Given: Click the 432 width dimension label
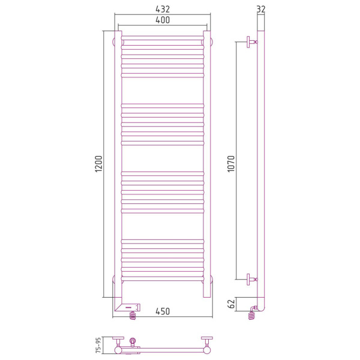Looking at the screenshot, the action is pyautogui.click(x=163, y=9).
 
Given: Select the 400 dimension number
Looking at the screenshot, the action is pyautogui.click(x=163, y=20).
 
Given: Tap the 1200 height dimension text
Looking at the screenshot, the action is pyautogui.click(x=99, y=164).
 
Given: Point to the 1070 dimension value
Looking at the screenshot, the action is pyautogui.click(x=231, y=164).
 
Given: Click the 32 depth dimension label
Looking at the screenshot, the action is pyautogui.click(x=261, y=9).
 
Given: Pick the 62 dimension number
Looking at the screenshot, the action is pyautogui.click(x=232, y=304).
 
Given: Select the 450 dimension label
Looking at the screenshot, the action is pyautogui.click(x=163, y=311).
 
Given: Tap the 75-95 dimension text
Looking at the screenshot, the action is pyautogui.click(x=98, y=345).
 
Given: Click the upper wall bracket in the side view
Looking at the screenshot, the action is pyautogui.click(x=252, y=42).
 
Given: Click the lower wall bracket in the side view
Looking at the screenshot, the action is pyautogui.click(x=252, y=280).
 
